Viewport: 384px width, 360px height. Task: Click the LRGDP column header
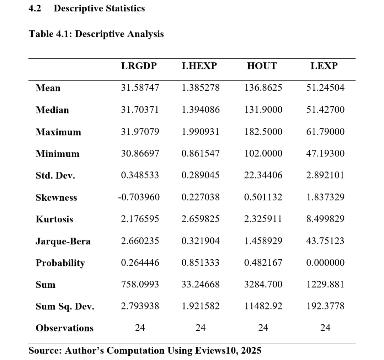139,66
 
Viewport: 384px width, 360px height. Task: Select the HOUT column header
261,66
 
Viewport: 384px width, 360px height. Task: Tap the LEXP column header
324,66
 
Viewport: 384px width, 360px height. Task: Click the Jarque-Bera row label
63,242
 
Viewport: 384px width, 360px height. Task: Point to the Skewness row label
56,198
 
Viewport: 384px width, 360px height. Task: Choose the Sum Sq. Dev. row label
65,307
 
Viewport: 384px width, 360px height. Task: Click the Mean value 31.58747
140,88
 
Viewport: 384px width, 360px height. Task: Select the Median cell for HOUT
263,110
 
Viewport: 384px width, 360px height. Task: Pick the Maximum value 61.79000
325,132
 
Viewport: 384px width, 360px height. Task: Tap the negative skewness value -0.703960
139,197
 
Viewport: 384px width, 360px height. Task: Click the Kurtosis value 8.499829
325,219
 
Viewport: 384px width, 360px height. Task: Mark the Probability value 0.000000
325,263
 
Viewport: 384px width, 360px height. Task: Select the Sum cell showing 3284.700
263,284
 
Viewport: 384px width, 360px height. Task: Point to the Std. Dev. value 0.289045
201,175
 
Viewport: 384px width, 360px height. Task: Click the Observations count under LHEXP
201,328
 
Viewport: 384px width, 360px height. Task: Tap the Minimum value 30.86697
140,153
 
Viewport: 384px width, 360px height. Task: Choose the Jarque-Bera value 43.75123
325,241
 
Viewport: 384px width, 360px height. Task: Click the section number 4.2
34,8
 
